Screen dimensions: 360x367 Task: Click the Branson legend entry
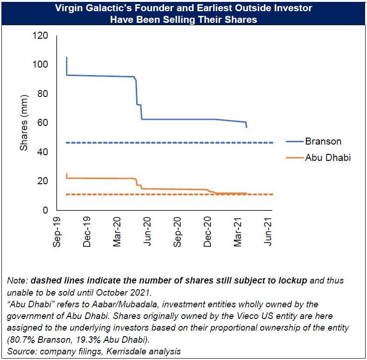pos(323,141)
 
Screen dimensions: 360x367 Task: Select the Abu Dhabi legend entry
pos(328,158)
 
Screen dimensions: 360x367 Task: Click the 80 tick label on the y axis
pos(43,94)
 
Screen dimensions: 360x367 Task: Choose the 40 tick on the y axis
pos(43,152)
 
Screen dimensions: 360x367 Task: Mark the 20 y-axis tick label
pos(43,181)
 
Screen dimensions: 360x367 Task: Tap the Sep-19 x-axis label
pos(57,232)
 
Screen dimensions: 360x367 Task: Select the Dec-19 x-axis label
pos(87,232)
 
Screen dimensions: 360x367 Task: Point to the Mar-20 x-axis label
pos(118,232)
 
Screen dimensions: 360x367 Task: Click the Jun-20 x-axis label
pos(148,232)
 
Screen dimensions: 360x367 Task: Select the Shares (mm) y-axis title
pos(24,123)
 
